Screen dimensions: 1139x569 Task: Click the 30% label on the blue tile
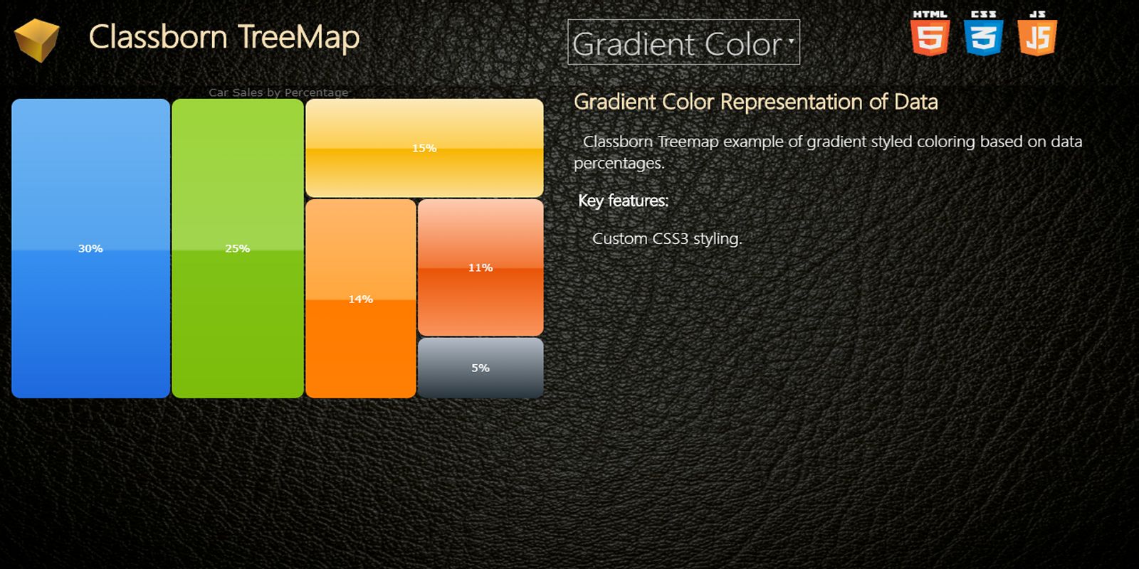[x=90, y=248]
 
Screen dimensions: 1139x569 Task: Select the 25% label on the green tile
[x=238, y=248]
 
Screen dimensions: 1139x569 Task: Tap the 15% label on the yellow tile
[x=424, y=149]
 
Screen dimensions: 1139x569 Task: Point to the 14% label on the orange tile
[x=360, y=299]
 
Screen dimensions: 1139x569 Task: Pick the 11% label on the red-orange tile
[x=481, y=267]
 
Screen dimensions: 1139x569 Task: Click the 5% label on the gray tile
[x=481, y=368]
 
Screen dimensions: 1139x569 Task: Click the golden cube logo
[x=36, y=40]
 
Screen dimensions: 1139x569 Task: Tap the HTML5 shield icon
[x=930, y=33]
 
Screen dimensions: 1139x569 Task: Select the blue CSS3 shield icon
[x=983, y=33]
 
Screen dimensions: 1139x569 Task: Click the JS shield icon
[x=1037, y=33]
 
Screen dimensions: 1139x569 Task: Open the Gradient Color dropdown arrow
[x=791, y=40]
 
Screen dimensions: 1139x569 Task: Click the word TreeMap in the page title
[x=298, y=37]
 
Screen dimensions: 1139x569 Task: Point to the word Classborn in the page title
[x=158, y=37]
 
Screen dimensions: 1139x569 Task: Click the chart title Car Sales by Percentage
[x=278, y=92]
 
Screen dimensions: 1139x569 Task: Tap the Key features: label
[x=624, y=201]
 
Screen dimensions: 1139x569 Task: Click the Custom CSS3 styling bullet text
[x=667, y=238]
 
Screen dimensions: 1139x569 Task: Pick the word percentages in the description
[x=619, y=163]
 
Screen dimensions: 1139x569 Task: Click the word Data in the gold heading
[x=915, y=102]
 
